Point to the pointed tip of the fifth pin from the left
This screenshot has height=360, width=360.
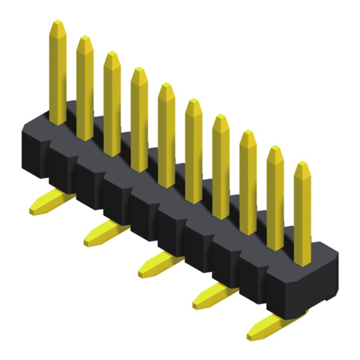tap(166, 89)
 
